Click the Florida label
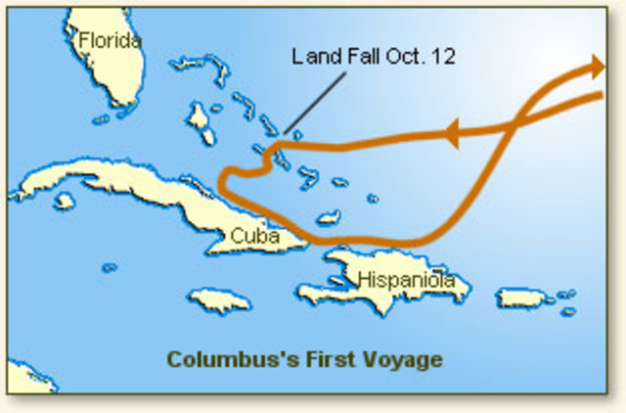coord(110,40)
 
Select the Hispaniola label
coord(406,280)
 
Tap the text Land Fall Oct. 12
coord(374,56)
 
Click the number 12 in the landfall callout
coord(442,56)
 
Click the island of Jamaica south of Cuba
coord(219,298)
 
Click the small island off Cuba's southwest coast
coord(65,201)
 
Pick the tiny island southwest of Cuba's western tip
coord(110,267)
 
